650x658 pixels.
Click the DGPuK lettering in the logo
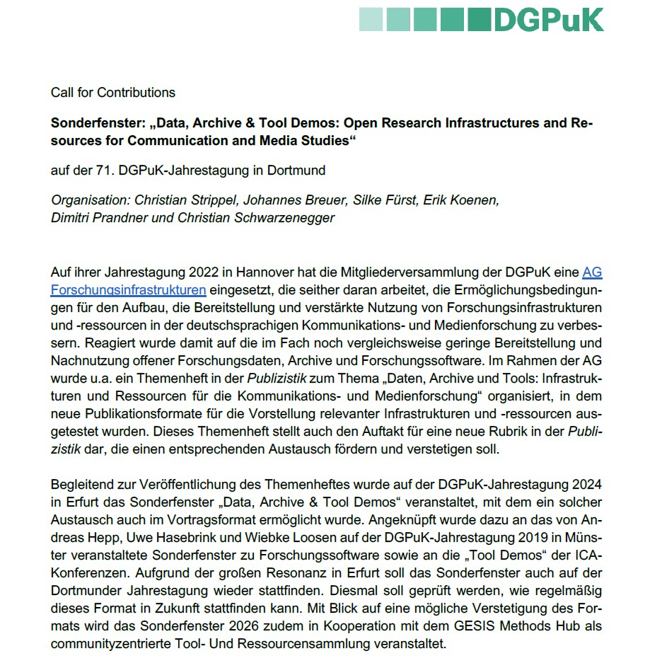[x=549, y=19]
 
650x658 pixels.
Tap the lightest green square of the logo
[x=371, y=19]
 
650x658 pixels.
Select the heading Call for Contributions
[x=113, y=93]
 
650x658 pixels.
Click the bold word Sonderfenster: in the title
[x=95, y=123]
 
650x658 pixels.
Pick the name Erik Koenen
[x=461, y=200]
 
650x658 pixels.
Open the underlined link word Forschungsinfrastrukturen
[x=128, y=289]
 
